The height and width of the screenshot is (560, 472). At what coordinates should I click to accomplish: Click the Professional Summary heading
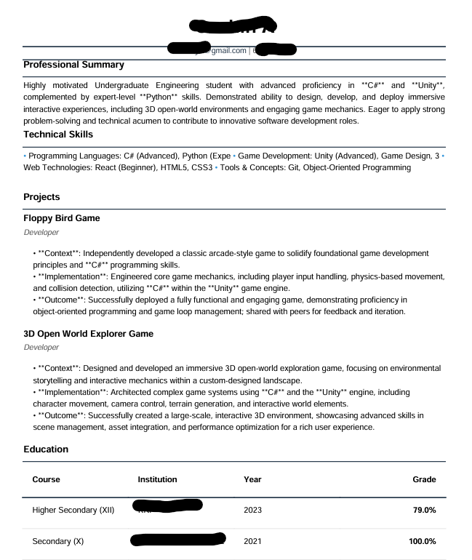point(73,65)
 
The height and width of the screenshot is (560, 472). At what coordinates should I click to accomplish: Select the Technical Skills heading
point(58,135)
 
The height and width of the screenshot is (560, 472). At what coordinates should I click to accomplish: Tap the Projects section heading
point(41,197)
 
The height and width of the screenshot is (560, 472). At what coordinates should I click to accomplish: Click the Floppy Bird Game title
point(62,218)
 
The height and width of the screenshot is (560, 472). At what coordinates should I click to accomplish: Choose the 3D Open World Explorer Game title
point(88,334)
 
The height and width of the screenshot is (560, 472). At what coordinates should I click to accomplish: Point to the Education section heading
point(46,449)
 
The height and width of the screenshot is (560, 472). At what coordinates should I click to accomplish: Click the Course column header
point(47,479)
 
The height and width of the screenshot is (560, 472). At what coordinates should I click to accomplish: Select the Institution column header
point(158,479)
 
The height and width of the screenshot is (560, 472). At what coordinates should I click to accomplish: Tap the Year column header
point(252,479)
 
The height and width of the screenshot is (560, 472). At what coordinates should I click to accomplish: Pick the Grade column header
point(424,479)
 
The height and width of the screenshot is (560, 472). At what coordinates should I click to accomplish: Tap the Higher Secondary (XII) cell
point(73,510)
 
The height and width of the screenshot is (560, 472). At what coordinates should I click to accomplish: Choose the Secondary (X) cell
point(58,542)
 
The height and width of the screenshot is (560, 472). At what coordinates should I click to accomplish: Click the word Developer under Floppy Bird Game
point(41,233)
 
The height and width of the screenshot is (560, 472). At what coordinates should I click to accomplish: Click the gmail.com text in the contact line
point(228,50)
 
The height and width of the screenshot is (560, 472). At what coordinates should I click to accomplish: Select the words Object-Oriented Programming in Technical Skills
point(356,168)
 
